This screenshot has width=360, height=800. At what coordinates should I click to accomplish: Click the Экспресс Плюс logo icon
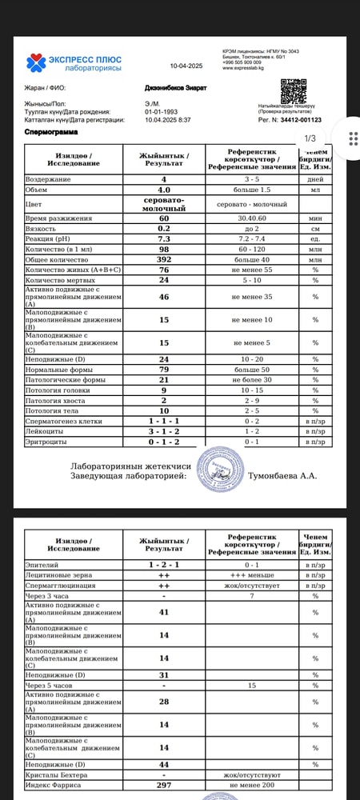click(35, 62)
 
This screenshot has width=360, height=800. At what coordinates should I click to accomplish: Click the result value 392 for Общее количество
click(164, 259)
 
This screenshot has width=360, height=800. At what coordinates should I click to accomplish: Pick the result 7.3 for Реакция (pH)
click(164, 238)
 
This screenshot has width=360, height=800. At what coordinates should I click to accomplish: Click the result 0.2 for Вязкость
click(164, 228)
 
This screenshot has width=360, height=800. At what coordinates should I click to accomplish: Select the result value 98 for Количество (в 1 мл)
click(164, 249)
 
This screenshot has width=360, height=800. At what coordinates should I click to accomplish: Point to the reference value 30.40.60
click(251, 218)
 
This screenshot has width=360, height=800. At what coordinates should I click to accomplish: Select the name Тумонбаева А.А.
click(283, 476)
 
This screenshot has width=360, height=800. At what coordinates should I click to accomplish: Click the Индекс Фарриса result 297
click(164, 785)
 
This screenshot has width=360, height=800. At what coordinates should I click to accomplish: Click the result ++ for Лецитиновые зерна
click(164, 574)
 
